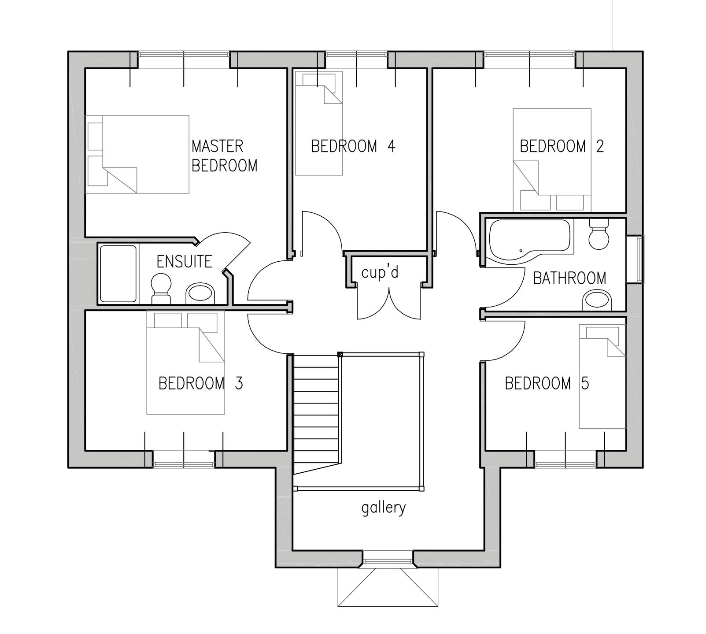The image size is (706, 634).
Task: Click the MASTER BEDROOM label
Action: click(225, 156)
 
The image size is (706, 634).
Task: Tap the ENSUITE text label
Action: click(185, 262)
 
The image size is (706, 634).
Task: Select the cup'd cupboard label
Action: click(380, 272)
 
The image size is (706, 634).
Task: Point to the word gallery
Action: click(384, 508)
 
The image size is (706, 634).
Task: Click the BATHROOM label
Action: click(569, 278)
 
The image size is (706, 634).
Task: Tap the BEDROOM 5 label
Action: click(547, 383)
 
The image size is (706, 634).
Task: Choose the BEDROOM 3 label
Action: click(200, 383)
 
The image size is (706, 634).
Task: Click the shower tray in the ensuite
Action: click(118, 274)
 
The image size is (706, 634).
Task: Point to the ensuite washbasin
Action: click(200, 293)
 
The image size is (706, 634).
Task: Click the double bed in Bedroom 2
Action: click(552, 160)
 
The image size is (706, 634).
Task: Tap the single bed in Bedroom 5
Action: click(603, 376)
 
